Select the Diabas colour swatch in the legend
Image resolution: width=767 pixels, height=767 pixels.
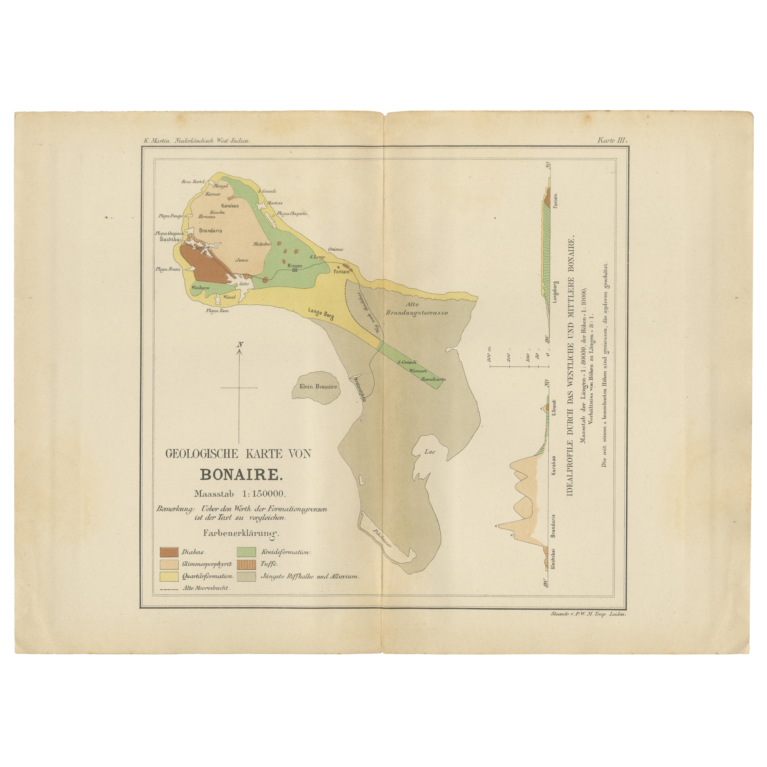169,552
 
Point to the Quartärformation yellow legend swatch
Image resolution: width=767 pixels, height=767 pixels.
169,576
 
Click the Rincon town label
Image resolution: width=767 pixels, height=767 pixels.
295,266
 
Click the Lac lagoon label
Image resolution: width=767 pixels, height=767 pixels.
430,451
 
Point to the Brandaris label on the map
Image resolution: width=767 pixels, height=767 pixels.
210,230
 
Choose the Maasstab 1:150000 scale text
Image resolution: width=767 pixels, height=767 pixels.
240,494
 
